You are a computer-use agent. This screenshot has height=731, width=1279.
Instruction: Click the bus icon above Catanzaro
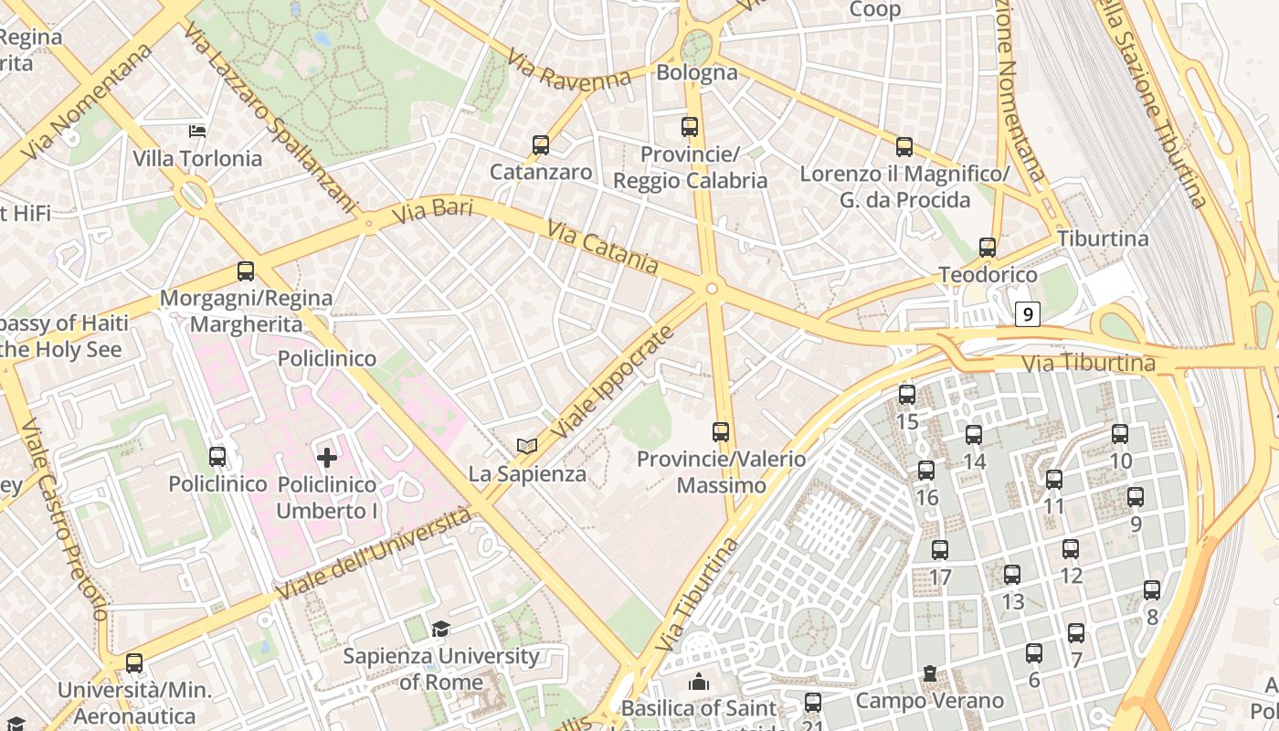pos(540,145)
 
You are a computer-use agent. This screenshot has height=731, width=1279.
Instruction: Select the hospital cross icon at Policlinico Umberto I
pos(326,457)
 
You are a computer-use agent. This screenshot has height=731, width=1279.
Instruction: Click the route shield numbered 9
pos(1028,314)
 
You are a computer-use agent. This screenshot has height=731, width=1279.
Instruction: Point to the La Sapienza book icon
pos(526,446)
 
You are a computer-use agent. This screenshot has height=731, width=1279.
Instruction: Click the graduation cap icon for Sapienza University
pos(440,629)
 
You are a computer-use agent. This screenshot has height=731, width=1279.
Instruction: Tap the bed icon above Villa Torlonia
pos(196,132)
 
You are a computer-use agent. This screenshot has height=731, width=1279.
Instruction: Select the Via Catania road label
pos(602,246)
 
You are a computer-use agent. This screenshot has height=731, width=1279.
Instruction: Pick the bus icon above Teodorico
pos(987,247)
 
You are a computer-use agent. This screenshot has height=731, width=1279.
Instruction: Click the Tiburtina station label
pos(1103,238)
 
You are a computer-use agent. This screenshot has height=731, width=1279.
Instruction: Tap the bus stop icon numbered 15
pos(906,395)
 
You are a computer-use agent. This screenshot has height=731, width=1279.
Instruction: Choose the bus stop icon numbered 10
pos(1120,434)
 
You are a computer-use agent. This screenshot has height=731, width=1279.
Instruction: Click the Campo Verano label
pos(928,700)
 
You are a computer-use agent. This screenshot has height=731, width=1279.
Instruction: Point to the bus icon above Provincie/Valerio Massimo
pos(721,431)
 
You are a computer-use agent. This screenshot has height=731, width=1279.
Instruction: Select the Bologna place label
pos(697,72)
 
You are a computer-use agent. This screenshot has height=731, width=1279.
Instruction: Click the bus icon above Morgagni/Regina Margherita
pos(245,271)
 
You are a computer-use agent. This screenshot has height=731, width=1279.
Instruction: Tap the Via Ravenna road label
pos(570,73)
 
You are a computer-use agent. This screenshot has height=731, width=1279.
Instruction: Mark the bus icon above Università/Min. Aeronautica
pos(134,663)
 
